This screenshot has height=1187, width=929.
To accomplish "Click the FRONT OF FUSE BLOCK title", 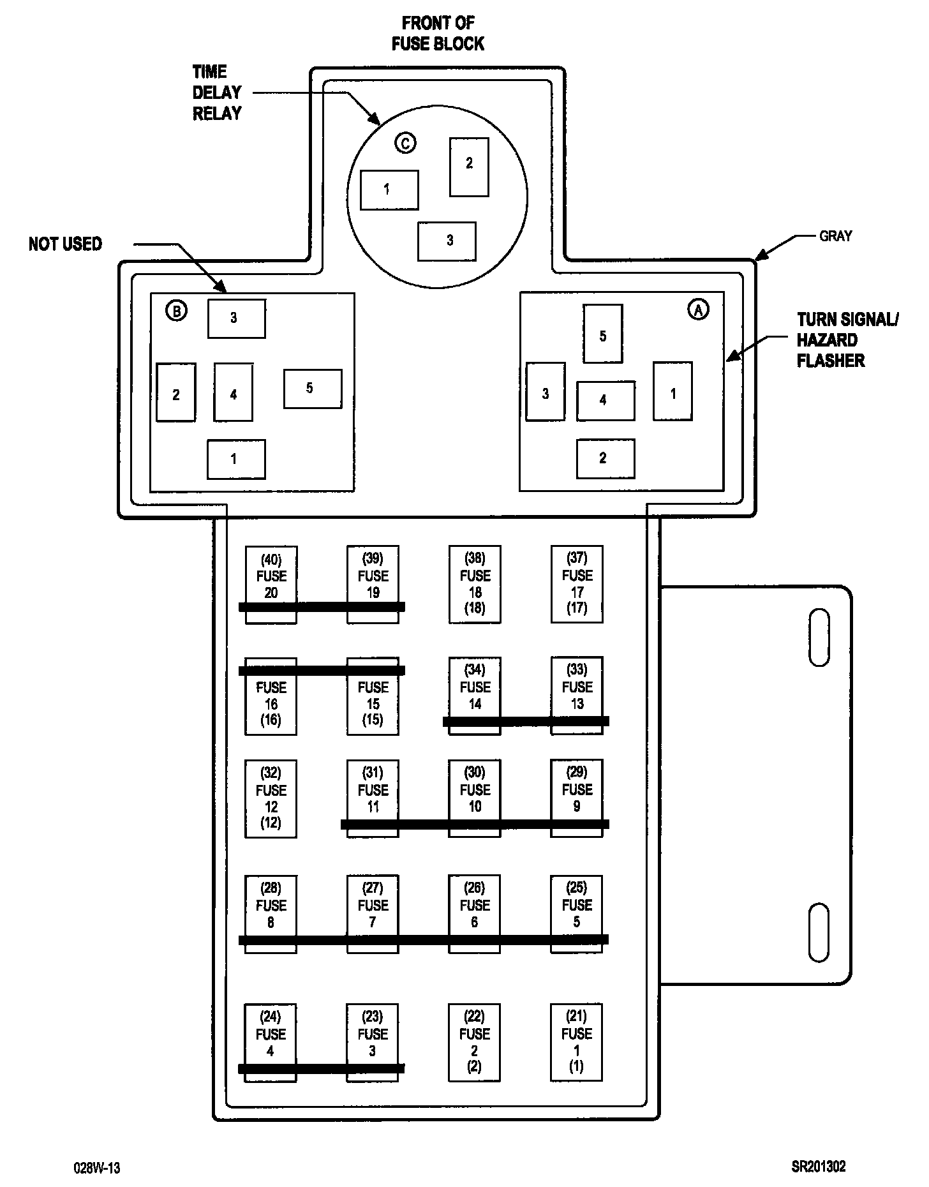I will (x=438, y=33).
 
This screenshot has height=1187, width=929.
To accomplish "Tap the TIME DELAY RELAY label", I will (x=217, y=93).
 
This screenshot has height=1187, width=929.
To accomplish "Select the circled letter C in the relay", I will (x=405, y=143).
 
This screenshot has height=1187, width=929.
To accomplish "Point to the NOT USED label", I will (x=65, y=244).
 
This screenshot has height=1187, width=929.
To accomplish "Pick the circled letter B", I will (x=176, y=311).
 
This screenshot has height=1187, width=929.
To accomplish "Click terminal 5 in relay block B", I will (x=312, y=389).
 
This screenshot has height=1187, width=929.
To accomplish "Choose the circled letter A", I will (x=698, y=310).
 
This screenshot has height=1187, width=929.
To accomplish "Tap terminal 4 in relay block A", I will (x=605, y=401).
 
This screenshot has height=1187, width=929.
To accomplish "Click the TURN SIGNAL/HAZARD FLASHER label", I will (x=846, y=340).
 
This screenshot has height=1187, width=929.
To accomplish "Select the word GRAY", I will (x=835, y=236).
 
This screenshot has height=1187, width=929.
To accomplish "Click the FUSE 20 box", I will (x=271, y=583).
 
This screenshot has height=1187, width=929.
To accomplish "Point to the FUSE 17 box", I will (x=577, y=583).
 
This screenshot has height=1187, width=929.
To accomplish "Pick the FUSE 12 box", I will (x=271, y=798).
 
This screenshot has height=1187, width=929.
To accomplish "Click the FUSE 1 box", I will (x=576, y=1041).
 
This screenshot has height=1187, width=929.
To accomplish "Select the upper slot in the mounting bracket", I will (x=819, y=638).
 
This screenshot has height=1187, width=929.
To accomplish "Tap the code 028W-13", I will (x=97, y=1168).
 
